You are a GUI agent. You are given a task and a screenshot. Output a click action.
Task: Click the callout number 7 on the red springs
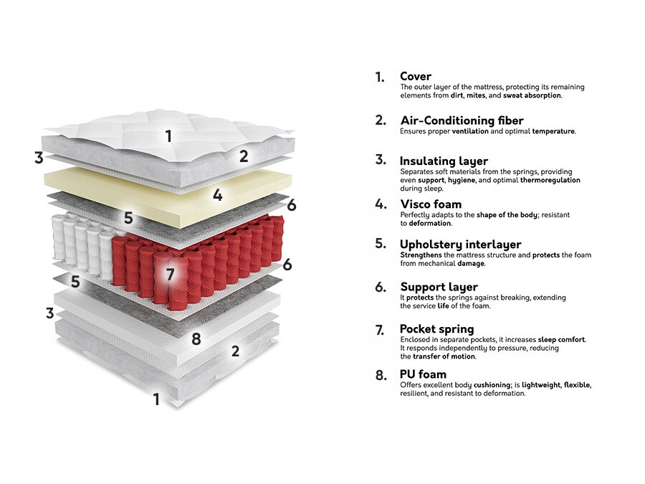[x=170, y=274]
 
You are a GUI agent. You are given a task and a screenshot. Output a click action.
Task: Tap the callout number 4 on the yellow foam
[x=218, y=194]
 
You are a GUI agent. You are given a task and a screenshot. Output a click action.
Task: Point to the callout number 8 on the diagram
[x=196, y=338]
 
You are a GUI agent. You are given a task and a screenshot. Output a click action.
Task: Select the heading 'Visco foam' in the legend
[x=431, y=204]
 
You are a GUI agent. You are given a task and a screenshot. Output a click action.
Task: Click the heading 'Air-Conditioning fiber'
[x=462, y=120]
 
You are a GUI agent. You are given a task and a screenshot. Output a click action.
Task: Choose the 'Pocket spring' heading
[x=436, y=329]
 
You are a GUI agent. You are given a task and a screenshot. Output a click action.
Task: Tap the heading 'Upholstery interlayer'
[x=460, y=245]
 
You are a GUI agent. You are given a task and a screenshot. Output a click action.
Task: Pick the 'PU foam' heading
[x=423, y=374]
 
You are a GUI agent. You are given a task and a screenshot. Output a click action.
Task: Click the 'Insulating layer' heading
[x=444, y=161]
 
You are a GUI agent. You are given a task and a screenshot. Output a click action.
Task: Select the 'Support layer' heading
[x=439, y=287]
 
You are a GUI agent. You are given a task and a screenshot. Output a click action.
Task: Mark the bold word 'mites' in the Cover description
[x=475, y=95]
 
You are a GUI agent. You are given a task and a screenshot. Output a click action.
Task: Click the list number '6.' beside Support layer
[x=381, y=286]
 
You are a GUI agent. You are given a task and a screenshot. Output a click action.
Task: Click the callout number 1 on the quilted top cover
[x=168, y=136]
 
